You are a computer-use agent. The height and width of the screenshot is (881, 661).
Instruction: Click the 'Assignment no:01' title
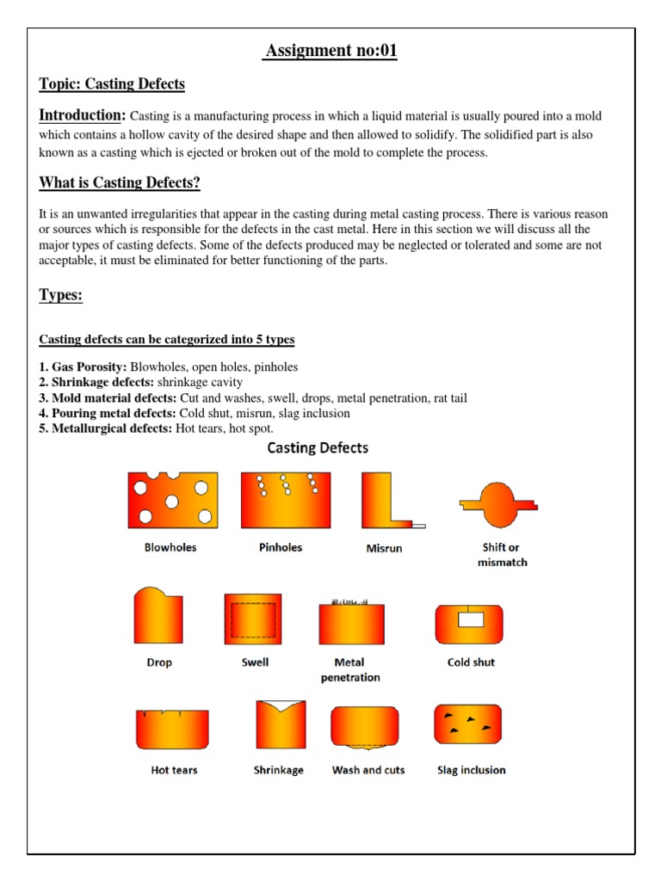pos(331,52)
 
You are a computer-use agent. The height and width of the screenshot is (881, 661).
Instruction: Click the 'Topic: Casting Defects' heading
pos(112,83)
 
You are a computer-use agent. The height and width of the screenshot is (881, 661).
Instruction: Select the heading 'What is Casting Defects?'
pos(120,183)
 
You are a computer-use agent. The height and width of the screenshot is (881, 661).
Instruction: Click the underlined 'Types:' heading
pos(61,295)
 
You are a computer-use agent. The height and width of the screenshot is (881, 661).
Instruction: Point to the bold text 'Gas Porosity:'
pos(90,367)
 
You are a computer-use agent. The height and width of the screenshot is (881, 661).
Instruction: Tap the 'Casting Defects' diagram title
pos(318,447)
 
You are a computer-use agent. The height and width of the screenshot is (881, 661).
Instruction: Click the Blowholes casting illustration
pos(172,500)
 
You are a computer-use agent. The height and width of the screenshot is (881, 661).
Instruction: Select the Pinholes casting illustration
pos(285,500)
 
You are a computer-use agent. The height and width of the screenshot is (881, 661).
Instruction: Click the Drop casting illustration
pos(158,615)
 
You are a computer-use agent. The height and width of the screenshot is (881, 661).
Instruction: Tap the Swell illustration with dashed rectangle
pos(253,619)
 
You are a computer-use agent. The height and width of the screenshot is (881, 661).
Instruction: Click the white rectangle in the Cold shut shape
pos(471,619)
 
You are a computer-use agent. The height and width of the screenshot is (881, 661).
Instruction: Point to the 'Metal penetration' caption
pos(350,669)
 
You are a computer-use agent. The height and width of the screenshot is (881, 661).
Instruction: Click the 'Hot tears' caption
pos(174,770)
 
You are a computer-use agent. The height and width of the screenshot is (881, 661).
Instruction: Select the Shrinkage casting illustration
pos(281,725)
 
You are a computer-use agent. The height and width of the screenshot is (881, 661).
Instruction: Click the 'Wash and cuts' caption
pos(368,770)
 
